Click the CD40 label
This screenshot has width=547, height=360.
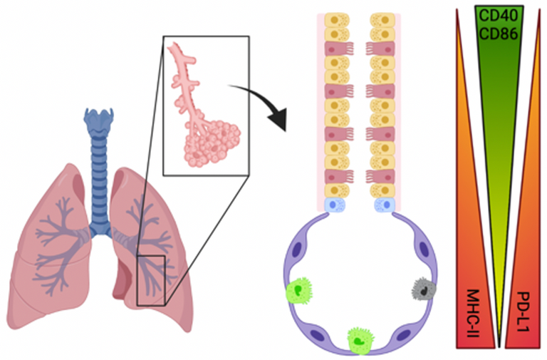[x=499, y=16]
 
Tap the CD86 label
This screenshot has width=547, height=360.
[x=499, y=34]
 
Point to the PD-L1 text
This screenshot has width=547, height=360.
[x=523, y=312]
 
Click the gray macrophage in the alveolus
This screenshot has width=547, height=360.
[x=424, y=289]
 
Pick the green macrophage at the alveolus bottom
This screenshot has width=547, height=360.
[x=360, y=340]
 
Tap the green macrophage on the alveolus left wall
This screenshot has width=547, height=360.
[x=299, y=291]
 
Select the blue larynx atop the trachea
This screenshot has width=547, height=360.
[x=99, y=120]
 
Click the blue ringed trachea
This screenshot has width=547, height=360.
[x=99, y=182]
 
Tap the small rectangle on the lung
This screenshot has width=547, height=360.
[x=151, y=281]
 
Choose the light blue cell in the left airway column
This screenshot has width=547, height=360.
[x=335, y=205]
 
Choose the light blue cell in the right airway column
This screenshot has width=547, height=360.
[x=385, y=205]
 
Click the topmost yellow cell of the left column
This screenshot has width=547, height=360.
[x=337, y=20]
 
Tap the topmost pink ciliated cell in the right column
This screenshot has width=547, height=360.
[x=380, y=48]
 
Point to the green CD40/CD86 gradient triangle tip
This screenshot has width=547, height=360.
[x=499, y=347]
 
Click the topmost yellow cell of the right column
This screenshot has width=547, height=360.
[x=382, y=20]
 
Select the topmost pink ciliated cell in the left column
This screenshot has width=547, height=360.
[x=339, y=48]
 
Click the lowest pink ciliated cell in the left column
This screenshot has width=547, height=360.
[x=339, y=176]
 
